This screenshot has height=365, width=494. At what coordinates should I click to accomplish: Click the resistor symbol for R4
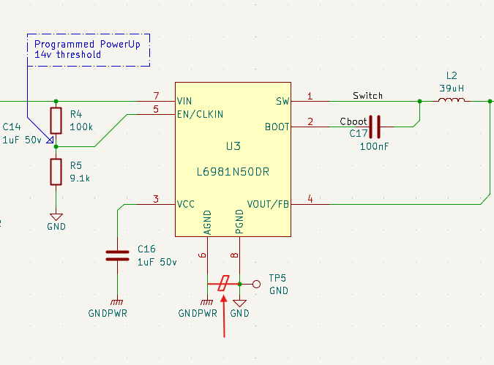56,120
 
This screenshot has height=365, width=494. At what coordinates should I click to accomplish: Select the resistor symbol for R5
56,172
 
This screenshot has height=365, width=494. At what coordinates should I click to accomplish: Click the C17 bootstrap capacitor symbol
375,127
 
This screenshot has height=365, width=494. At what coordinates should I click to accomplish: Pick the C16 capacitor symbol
117,255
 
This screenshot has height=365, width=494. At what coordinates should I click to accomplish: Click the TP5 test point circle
256,284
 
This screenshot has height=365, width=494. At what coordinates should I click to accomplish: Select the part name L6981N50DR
233,173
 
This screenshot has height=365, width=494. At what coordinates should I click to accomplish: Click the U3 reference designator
233,146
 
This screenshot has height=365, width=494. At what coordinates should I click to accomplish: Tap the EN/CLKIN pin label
201,114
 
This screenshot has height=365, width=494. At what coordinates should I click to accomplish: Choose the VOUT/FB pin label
268,204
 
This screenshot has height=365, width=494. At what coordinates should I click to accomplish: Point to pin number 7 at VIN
155,96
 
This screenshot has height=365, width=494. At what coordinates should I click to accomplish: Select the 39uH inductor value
452,88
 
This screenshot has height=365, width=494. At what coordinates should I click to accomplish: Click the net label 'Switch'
367,96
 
